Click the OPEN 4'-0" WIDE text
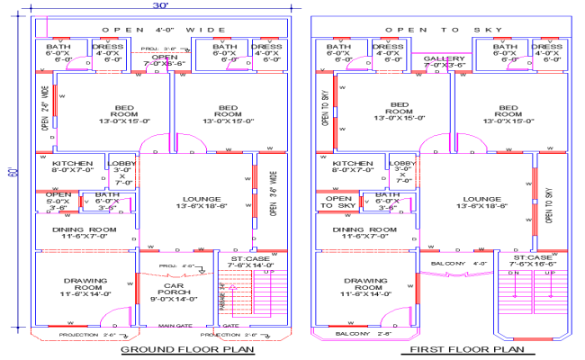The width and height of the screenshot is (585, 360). pos(162,30)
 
